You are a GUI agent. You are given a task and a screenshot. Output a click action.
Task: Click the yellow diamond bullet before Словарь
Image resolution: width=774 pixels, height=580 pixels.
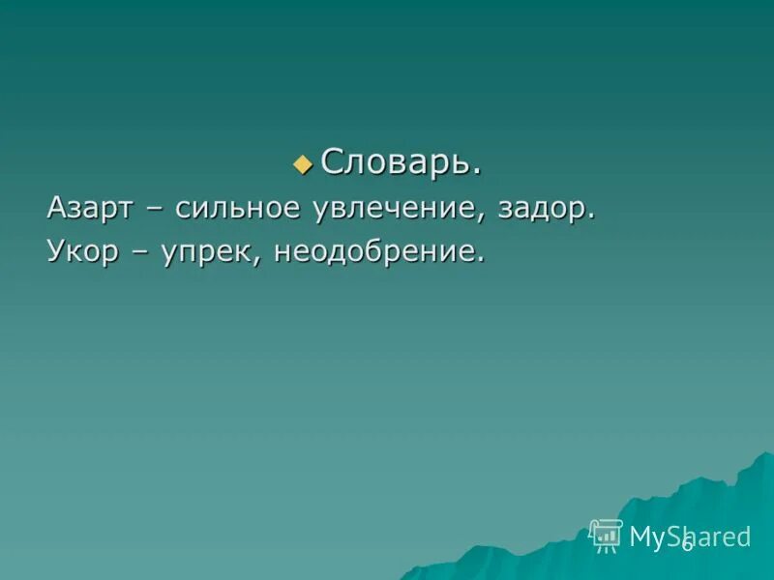click(x=303, y=164)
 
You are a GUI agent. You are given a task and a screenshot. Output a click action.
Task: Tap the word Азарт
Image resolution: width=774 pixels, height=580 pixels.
click(x=91, y=209)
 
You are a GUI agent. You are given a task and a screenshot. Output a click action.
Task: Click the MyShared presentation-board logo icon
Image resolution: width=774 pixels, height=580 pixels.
click(x=607, y=535)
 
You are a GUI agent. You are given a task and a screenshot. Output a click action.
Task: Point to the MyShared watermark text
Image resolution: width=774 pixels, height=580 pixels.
click(x=689, y=536)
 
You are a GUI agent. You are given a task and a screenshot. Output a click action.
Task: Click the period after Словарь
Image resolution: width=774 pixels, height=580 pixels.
click(x=477, y=172)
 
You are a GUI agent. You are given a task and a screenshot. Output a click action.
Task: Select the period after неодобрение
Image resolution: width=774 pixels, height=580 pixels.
click(x=480, y=262)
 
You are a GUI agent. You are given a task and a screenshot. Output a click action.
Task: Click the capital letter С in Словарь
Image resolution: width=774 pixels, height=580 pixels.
click(x=331, y=162)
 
